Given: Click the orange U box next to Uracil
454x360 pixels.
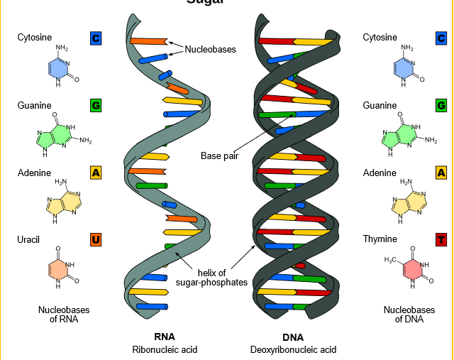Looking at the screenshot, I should (x=96, y=239).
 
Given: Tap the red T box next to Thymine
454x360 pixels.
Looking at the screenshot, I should (x=441, y=239).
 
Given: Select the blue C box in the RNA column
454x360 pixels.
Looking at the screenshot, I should (x=96, y=38).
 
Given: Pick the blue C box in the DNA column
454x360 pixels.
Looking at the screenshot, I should (x=441, y=38).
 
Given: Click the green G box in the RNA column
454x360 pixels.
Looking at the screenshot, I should (x=96, y=106).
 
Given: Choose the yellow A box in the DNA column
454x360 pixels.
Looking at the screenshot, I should (x=441, y=173).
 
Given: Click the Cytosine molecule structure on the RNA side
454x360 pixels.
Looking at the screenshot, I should (x=62, y=67).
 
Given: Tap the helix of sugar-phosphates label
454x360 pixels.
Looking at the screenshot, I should (x=211, y=278).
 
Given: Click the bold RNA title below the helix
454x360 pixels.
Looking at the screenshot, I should (x=165, y=337).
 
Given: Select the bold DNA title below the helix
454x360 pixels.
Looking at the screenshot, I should (x=293, y=337).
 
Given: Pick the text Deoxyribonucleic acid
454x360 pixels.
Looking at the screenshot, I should (x=293, y=349).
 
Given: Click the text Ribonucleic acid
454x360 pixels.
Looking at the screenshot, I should (x=165, y=349).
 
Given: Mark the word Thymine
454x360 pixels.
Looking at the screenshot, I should (x=380, y=239).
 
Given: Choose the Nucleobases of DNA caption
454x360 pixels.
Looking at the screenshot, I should (x=409, y=315).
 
